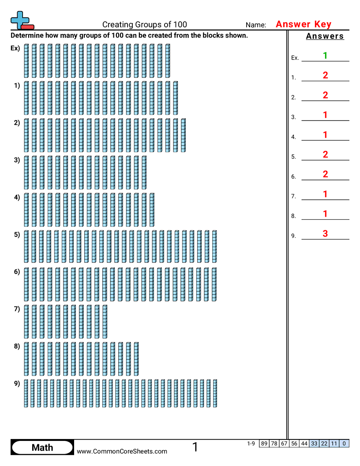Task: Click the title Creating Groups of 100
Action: click(145, 25)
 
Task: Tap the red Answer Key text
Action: click(303, 24)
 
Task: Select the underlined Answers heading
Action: click(325, 36)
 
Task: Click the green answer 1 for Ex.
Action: click(325, 56)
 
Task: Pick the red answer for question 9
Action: click(325, 234)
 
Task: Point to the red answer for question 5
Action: click(325, 154)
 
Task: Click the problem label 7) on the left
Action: click(17, 309)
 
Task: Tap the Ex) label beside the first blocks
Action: click(15, 48)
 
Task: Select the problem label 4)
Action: click(17, 197)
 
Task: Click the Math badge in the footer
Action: click(42, 447)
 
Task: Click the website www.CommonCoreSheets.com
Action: click(122, 451)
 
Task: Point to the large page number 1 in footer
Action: click(195, 447)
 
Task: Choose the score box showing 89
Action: click(264, 443)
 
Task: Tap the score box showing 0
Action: click(344, 443)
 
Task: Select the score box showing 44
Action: click(304, 443)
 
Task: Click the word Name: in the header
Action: click(256, 25)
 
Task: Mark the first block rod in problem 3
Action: click(26, 172)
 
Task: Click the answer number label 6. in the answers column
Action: click(293, 177)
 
